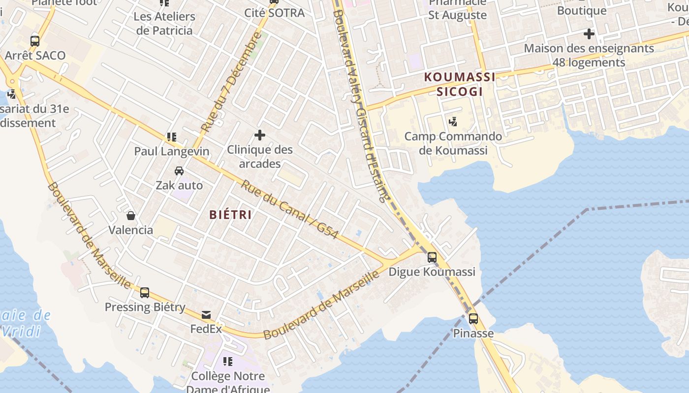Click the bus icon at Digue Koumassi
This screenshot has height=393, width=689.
(x=432, y=257)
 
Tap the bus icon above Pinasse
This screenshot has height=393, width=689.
(x=473, y=318)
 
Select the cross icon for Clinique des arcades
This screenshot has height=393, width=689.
(x=260, y=135)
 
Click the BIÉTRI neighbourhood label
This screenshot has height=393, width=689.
(x=230, y=215)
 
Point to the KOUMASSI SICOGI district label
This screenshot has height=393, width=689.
(x=460, y=84)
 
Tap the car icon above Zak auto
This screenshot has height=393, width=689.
(x=179, y=171)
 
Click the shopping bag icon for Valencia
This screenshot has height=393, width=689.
(x=131, y=216)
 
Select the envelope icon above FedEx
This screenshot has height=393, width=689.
(x=206, y=315)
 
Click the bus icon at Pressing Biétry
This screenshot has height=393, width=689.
(x=144, y=293)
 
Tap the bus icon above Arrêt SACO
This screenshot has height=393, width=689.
(x=35, y=41)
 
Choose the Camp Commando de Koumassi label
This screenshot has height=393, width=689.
(x=453, y=143)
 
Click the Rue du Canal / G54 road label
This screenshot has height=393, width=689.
(x=289, y=210)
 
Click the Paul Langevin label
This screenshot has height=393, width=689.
(x=172, y=151)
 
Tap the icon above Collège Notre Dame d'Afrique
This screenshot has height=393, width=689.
(x=227, y=362)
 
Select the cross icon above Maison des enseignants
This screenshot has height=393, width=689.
(x=589, y=34)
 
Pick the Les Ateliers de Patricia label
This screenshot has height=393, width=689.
(x=164, y=23)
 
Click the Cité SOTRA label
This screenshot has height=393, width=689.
(x=275, y=13)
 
